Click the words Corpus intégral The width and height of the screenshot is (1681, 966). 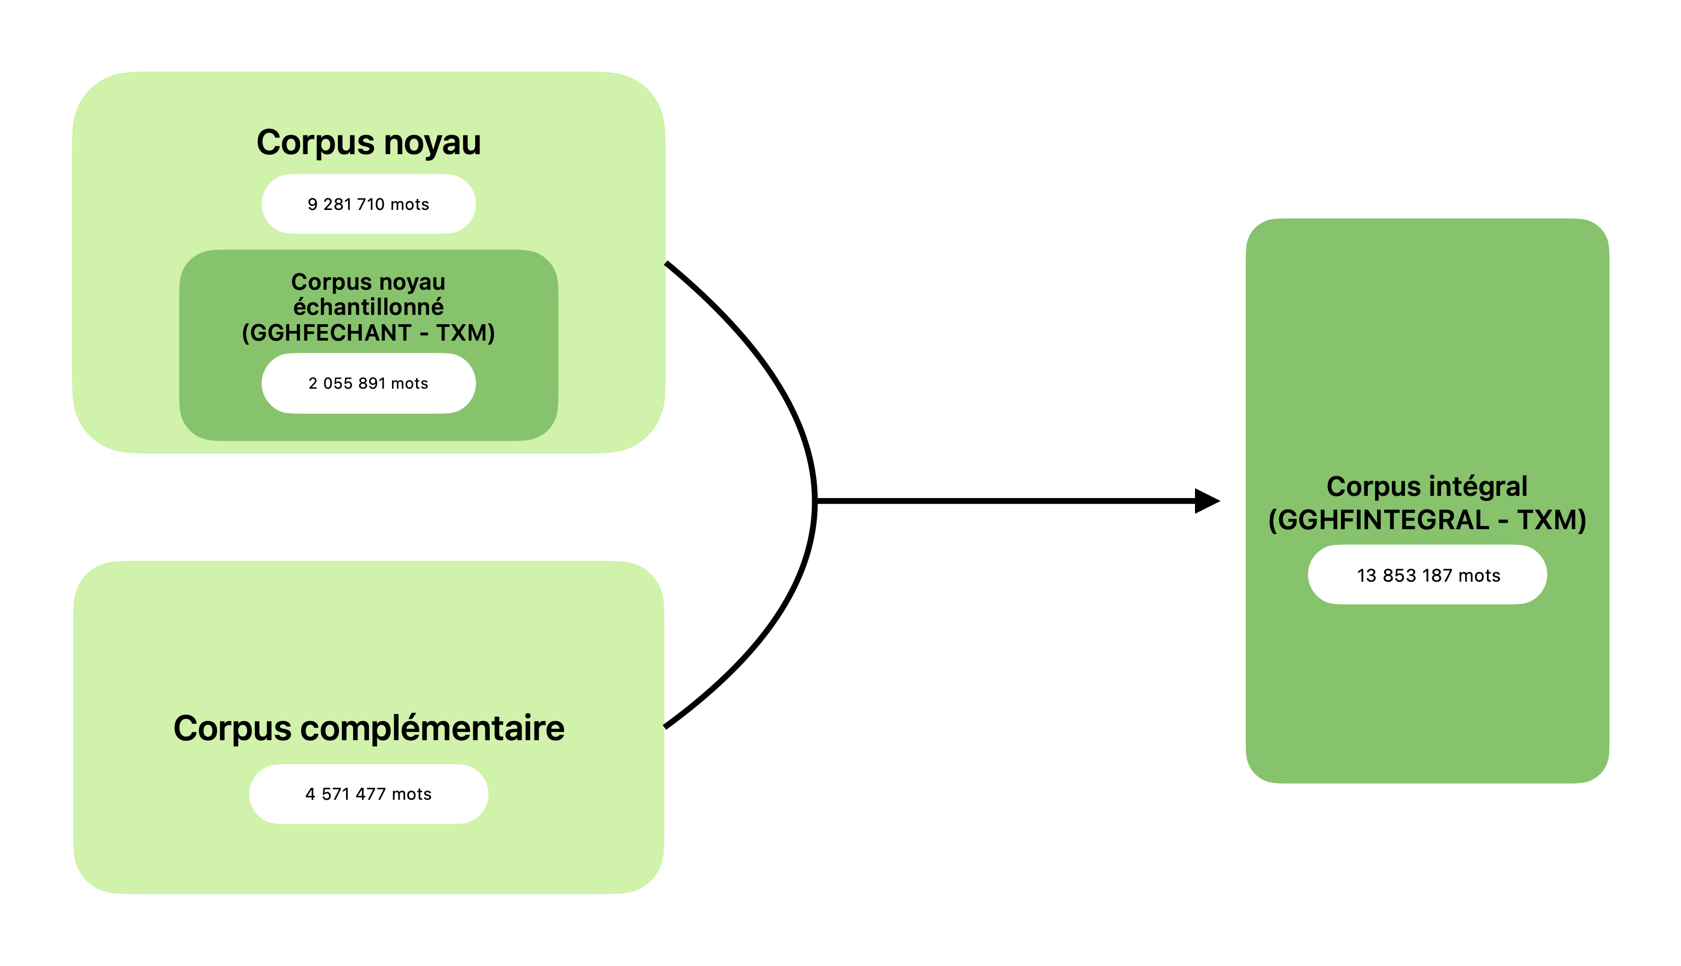point(1426,487)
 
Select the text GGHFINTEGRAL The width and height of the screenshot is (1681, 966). point(1383,519)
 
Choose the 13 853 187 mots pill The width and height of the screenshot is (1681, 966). point(1427,575)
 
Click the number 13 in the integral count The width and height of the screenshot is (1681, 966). point(1367,575)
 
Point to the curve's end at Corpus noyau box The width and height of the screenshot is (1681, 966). point(667,264)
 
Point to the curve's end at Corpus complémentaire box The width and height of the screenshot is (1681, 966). point(666,727)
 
